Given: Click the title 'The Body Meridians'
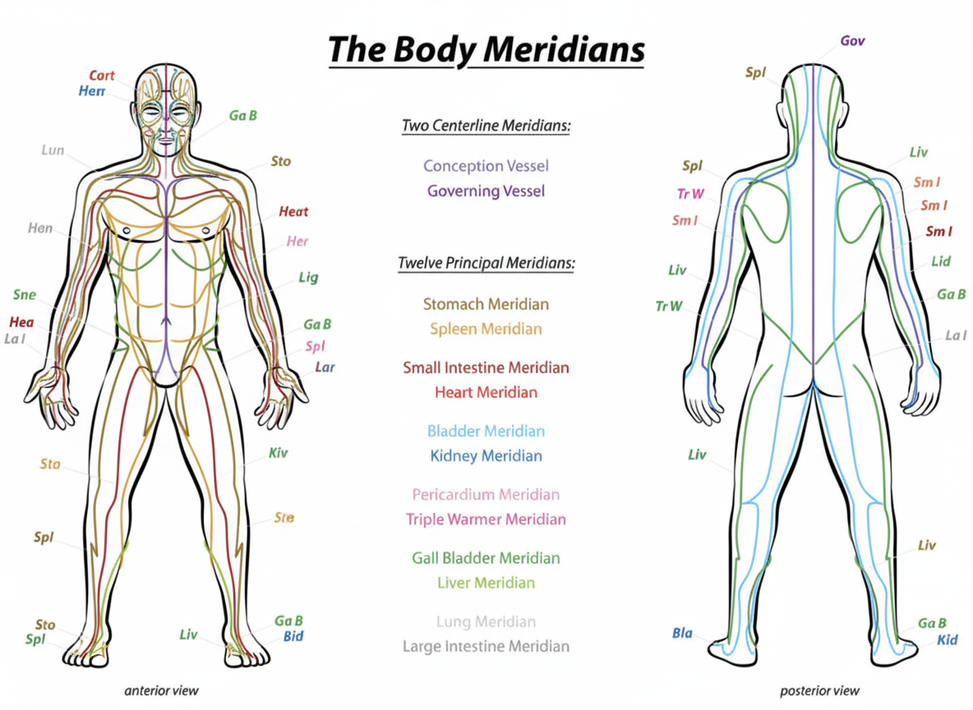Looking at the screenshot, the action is [x=486, y=50].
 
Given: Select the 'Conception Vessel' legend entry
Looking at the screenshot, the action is [x=486, y=166].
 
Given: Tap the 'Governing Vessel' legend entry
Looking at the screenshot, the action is [x=486, y=191].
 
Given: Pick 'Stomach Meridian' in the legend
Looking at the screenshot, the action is [x=486, y=304].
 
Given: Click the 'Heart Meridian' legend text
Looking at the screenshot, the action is [x=486, y=393].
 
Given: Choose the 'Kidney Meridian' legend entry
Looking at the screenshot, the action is [x=486, y=456].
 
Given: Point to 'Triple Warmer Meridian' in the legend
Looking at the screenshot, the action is [x=486, y=519].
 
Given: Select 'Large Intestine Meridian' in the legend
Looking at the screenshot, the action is [x=486, y=647].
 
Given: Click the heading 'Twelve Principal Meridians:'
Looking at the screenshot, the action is [x=486, y=264].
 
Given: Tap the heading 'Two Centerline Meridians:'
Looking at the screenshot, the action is [x=486, y=127].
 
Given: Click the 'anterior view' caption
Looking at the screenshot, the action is [x=162, y=690].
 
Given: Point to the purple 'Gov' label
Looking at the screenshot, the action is [x=852, y=40].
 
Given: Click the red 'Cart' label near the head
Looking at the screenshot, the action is [x=102, y=76].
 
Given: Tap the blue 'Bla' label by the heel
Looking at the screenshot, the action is [x=682, y=634].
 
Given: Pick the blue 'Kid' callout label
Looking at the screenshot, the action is [x=948, y=639].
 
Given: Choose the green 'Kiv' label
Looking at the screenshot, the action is [x=279, y=453].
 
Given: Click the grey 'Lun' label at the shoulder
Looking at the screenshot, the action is [x=53, y=150].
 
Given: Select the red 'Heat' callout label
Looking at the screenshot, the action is [x=293, y=212].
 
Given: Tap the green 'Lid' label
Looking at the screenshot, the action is [x=941, y=261].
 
